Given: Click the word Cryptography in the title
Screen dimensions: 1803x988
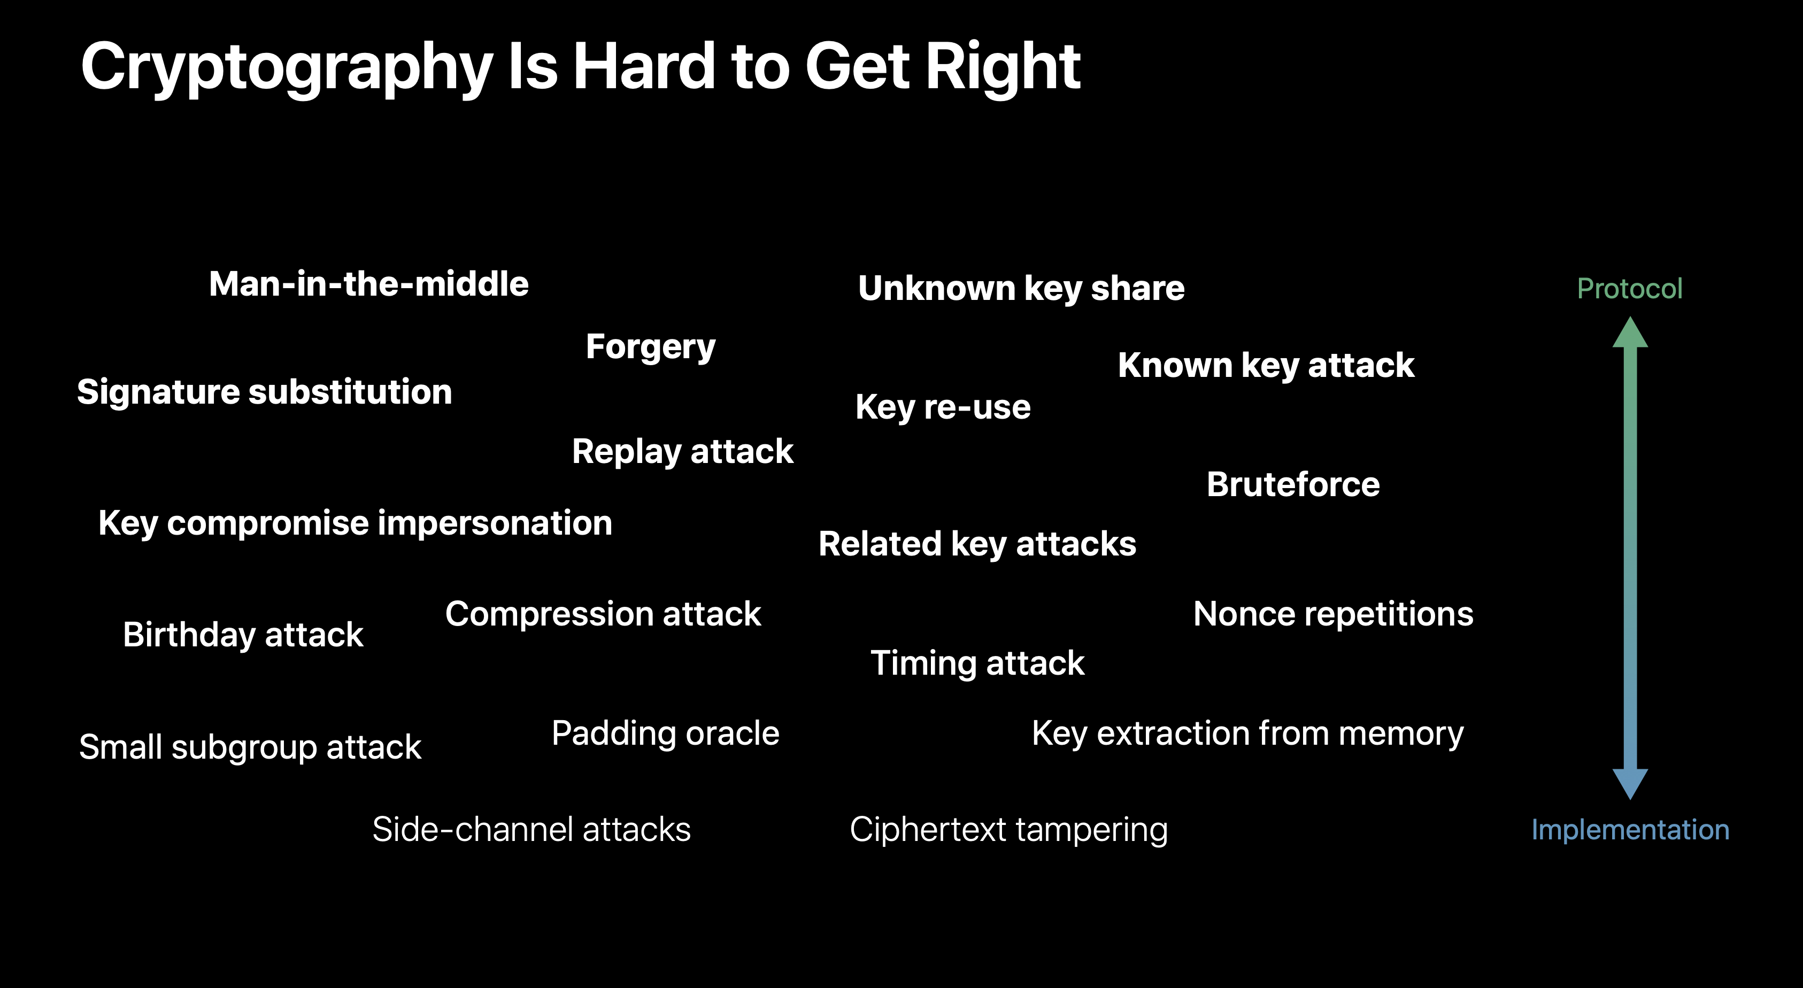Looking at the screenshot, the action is (x=287, y=68).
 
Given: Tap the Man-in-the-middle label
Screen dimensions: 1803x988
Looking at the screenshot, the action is (x=369, y=284).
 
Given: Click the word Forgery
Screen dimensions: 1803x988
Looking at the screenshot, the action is (x=651, y=348).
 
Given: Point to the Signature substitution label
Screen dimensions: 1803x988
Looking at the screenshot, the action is (x=265, y=392).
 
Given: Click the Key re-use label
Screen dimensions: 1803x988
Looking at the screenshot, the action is (x=943, y=408).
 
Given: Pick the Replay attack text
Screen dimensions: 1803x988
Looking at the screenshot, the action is (x=682, y=452).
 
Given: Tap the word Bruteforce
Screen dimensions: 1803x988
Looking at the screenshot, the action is (x=1293, y=484).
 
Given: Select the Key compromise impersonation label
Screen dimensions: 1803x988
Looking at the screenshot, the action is (x=356, y=524).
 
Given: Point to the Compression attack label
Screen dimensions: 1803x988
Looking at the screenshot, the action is (x=603, y=615).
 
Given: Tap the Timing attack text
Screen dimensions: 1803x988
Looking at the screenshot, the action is (x=977, y=664).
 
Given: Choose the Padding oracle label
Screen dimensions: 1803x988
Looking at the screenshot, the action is (x=665, y=734).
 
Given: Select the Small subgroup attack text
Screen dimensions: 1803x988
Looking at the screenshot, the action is (x=250, y=748).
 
